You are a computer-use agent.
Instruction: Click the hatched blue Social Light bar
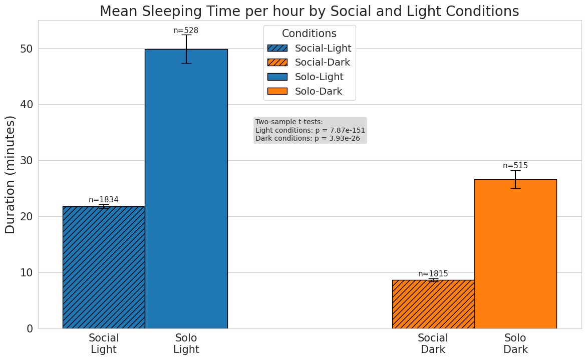[104, 267]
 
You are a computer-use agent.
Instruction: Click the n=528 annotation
[186, 31]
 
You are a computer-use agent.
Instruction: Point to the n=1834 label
[104, 200]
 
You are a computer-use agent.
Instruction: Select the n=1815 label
[433, 274]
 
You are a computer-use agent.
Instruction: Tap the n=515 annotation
[515, 166]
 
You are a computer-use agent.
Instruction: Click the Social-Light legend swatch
[277, 49]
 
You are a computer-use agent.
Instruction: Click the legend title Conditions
[309, 34]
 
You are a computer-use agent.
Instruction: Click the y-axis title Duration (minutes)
[11, 174]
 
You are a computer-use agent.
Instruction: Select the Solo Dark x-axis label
[515, 343]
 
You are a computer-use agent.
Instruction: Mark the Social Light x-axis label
[104, 343]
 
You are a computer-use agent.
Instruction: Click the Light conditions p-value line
[310, 130]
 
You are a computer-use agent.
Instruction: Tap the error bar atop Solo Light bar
[186, 49]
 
